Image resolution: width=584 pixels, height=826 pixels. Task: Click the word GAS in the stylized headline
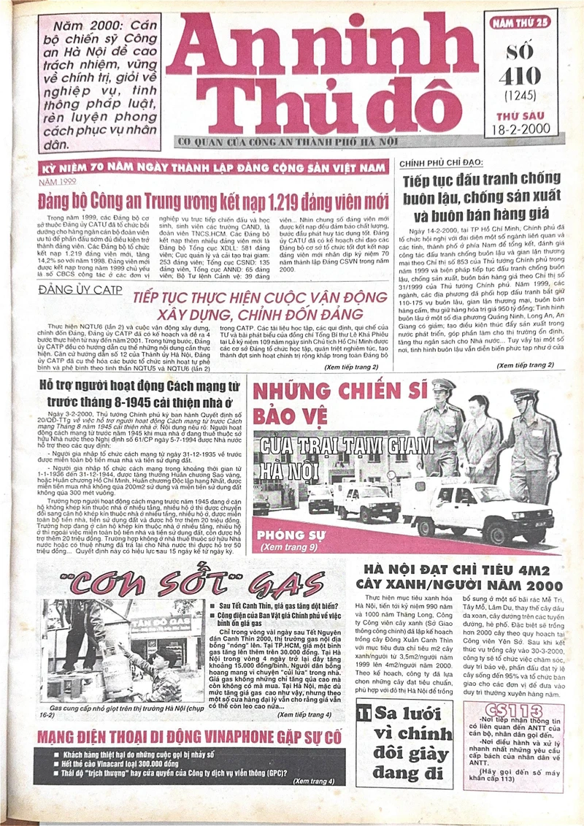[x=285, y=584]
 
